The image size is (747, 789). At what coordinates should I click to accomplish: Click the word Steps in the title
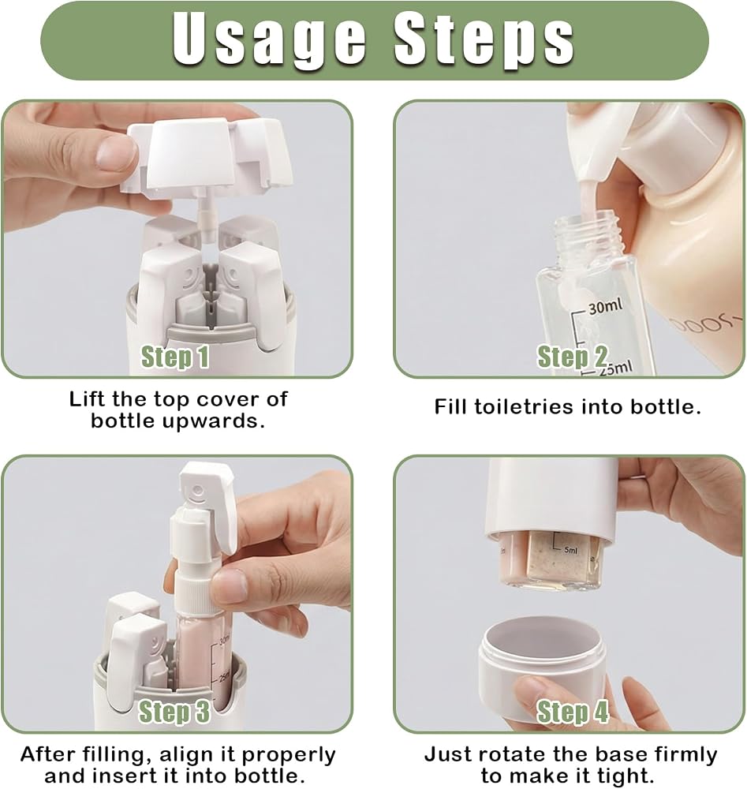click(x=484, y=40)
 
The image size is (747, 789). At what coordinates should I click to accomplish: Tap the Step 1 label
click(x=174, y=357)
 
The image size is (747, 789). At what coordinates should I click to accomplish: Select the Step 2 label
click(x=573, y=357)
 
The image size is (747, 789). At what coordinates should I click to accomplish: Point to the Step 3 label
click(x=174, y=712)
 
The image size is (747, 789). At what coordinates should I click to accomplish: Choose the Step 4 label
click(x=573, y=712)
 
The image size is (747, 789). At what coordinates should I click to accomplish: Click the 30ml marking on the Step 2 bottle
click(x=605, y=306)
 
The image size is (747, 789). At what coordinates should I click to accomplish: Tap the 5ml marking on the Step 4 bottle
click(x=571, y=550)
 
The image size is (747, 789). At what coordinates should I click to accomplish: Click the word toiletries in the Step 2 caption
click(x=525, y=406)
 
